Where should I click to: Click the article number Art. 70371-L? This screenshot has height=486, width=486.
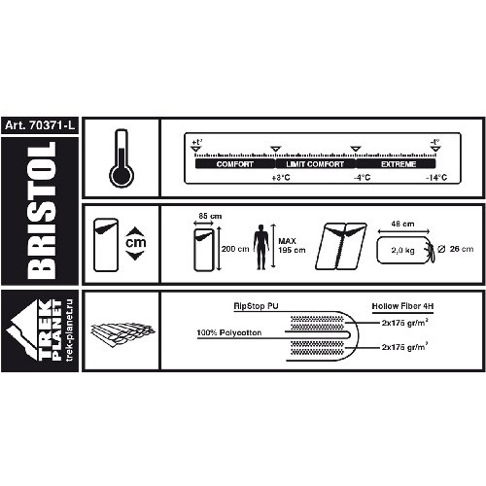[40, 125]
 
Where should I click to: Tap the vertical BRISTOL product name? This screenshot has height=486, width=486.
[41, 211]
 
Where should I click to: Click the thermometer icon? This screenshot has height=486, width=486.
[121, 158]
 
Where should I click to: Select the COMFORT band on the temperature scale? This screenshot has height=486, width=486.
[235, 164]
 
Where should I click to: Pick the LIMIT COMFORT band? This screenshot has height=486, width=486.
[315, 164]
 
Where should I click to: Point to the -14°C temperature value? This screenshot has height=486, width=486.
[436, 178]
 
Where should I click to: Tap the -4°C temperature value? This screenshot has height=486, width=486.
[362, 178]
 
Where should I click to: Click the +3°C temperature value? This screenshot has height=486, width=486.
[281, 178]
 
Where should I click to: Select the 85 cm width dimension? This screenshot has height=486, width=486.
[210, 216]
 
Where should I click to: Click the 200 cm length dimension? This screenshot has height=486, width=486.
[235, 249]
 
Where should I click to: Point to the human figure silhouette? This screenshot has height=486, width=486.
[261, 247]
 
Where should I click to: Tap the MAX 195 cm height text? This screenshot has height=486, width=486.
[292, 245]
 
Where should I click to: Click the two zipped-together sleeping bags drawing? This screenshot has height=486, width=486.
[341, 246]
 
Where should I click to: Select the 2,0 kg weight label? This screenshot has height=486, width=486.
[402, 250]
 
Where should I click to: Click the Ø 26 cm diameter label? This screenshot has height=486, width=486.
[455, 249]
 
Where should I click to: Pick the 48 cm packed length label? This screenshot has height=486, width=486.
[402, 224]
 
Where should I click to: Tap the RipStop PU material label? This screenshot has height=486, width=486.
[256, 306]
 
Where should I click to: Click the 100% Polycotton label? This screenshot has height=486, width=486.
[229, 332]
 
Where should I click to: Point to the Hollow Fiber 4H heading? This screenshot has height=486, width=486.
[402, 306]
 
